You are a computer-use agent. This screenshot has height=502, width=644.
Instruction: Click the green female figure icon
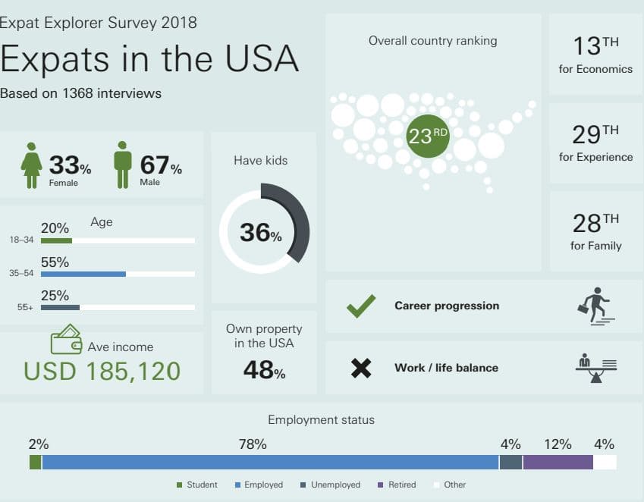coord(31,165)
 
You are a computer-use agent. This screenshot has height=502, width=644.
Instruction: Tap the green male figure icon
coord(122,165)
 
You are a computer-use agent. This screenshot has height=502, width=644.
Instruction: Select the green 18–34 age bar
coord(56,240)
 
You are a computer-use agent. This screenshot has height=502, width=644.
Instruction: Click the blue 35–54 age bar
coord(83,275)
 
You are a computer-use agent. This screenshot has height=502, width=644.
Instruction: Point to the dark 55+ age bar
coord(60,307)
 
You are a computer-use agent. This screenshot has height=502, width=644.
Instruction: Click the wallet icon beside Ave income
coord(66,339)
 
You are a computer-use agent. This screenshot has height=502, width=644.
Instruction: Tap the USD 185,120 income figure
coord(102,371)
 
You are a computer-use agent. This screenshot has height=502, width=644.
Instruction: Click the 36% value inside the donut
coord(261,232)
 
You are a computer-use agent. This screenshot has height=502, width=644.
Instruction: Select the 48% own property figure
coord(264,369)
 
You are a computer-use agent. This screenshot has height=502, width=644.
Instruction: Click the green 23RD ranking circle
coord(428,136)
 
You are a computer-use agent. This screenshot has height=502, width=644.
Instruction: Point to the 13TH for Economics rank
coord(595,55)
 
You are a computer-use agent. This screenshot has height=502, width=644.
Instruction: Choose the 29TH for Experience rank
coord(595,143)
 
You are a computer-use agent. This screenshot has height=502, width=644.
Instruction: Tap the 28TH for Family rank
coord(595,231)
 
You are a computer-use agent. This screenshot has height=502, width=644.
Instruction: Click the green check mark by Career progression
coord(361,306)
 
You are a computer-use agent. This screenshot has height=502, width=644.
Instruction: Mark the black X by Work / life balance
coord(361,368)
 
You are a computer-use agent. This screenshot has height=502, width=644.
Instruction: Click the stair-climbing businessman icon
coord(596,306)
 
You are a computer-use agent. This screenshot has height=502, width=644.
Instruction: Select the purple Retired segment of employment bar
coord(558,462)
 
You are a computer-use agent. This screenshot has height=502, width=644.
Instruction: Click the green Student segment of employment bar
coord(36,462)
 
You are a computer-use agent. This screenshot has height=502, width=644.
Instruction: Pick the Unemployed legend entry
coord(330,485)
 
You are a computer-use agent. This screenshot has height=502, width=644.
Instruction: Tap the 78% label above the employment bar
coord(253,444)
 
